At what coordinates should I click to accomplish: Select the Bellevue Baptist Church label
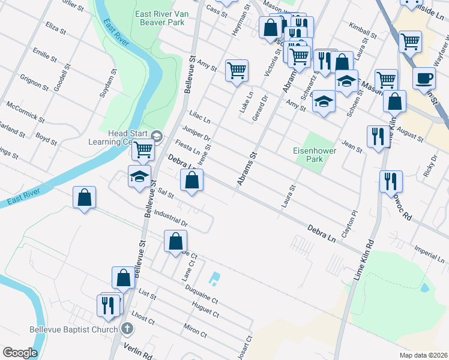[x=75, y=329]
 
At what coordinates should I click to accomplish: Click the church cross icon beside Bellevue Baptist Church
[x=127, y=329]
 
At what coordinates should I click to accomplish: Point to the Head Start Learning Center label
[x=119, y=138]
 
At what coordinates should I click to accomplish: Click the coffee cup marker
[x=424, y=79]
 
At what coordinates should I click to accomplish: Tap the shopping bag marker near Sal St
[x=191, y=180]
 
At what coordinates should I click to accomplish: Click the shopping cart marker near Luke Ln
[x=237, y=71]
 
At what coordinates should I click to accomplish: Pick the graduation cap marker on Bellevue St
[x=139, y=177]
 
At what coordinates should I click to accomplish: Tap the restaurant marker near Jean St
[x=376, y=136]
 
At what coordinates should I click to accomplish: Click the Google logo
[x=20, y=352]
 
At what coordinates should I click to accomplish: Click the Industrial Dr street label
[x=171, y=218]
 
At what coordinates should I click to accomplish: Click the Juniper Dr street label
[x=196, y=134]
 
